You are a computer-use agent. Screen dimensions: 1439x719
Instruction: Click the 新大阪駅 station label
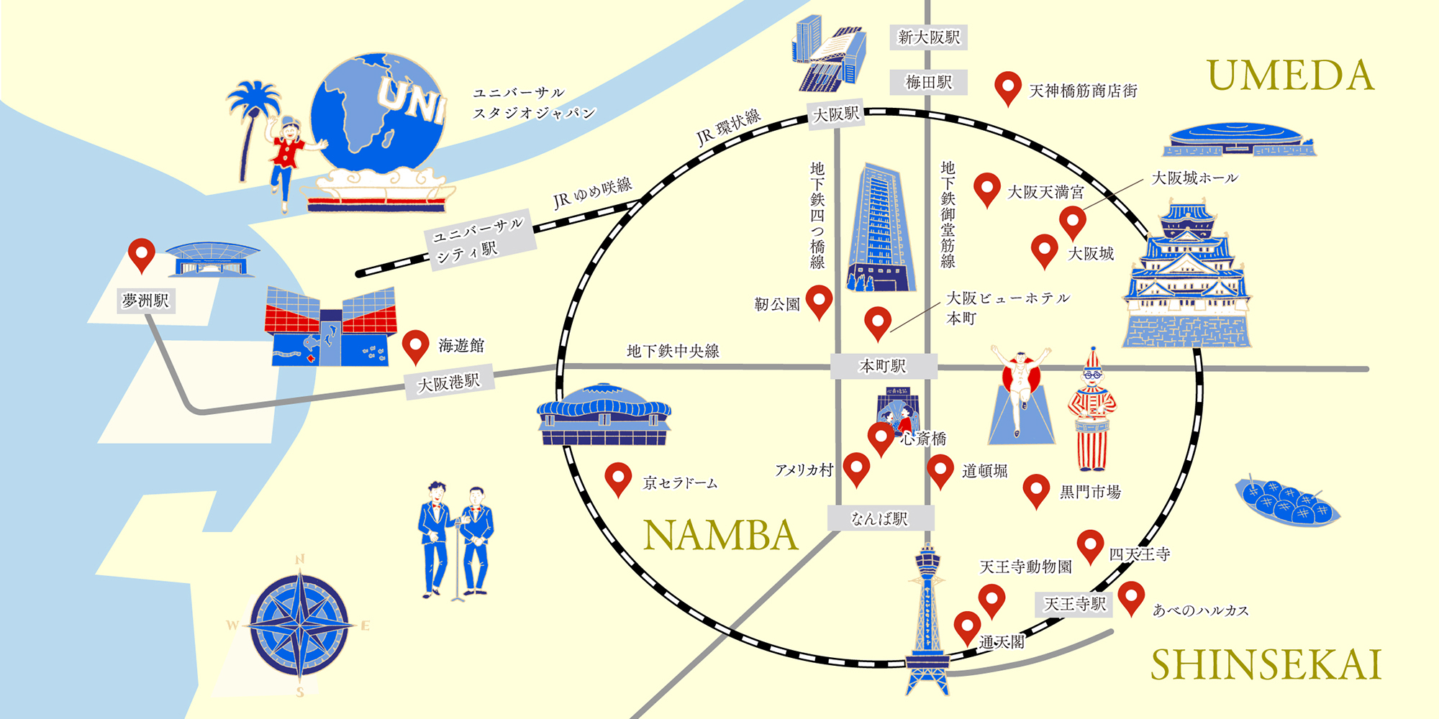(929, 37)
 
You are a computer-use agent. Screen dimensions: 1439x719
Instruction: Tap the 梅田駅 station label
(928, 83)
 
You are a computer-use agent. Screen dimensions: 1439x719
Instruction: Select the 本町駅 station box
(883, 366)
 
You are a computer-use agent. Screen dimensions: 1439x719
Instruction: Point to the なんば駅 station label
(880, 518)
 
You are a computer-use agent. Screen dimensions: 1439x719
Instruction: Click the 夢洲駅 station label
(146, 301)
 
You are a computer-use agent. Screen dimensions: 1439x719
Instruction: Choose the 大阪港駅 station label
(449, 383)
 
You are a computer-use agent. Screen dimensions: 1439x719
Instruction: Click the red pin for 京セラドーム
(618, 477)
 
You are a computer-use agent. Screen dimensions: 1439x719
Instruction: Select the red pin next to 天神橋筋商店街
(1008, 86)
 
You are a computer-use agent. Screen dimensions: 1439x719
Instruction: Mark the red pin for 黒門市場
(1036, 489)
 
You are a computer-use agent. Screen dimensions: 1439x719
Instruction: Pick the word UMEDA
(1290, 76)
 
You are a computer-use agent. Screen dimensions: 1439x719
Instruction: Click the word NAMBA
(720, 536)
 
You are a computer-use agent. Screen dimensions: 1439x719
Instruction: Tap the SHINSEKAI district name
(1266, 665)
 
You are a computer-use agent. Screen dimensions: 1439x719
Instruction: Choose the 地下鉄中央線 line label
(673, 351)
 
